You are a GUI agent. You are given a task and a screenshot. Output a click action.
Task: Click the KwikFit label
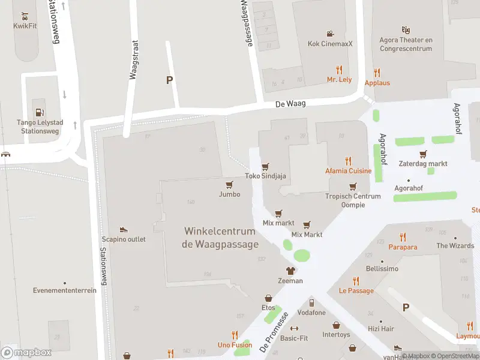[25, 26]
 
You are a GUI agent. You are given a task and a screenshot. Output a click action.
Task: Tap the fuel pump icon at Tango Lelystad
[39, 112]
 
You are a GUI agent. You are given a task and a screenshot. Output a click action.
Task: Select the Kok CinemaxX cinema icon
[330, 34]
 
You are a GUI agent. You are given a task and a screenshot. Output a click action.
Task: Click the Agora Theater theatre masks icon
[406, 29]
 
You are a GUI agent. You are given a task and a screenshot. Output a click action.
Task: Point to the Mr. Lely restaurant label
[339, 79]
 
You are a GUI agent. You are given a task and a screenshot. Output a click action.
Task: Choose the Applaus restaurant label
[377, 83]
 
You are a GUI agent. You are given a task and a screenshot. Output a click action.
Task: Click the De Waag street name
[290, 104]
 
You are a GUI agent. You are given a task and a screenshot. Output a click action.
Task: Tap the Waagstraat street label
[134, 60]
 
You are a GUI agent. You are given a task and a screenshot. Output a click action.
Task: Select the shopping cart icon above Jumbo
[229, 184]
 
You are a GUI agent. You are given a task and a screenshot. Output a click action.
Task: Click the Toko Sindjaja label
[265, 176]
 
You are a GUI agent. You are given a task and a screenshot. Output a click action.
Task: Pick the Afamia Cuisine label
[348, 170]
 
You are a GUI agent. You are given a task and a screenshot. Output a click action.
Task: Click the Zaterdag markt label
[423, 164]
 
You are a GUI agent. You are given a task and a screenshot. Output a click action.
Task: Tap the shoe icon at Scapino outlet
[124, 229]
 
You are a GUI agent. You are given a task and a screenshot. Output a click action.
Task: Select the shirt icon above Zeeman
[290, 271]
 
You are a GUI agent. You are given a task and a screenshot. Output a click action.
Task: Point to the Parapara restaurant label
[403, 247]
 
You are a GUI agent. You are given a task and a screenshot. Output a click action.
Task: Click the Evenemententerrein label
[65, 290]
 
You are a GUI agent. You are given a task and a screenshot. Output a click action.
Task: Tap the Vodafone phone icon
[311, 302]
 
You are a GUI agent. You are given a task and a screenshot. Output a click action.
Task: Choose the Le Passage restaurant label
[356, 290]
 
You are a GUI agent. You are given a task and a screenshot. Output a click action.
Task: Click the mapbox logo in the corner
[26, 352]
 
